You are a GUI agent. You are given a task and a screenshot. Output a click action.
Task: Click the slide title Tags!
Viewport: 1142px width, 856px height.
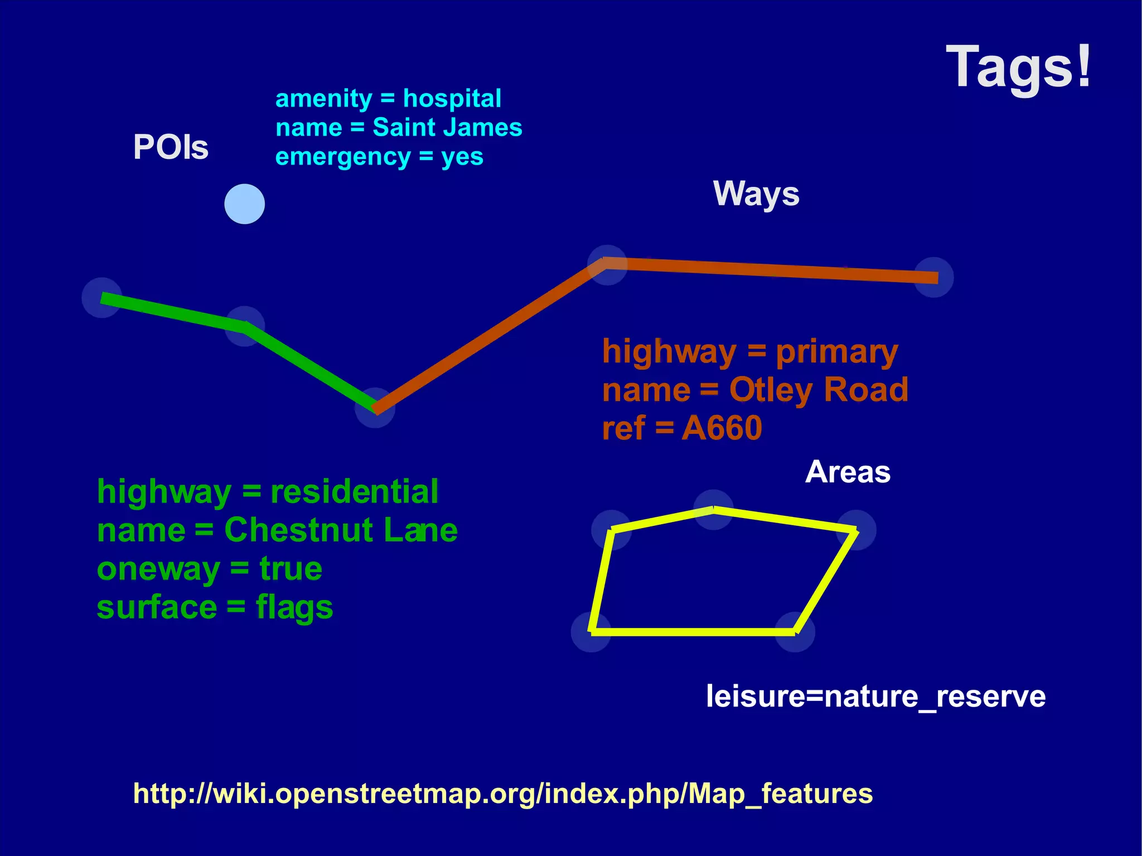click(x=1018, y=67)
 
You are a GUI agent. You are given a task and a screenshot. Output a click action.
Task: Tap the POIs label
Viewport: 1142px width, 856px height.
click(x=171, y=147)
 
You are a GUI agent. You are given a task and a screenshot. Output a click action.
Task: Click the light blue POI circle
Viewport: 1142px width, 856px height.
click(x=244, y=204)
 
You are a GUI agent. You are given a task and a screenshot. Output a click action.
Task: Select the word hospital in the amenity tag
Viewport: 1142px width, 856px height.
click(x=452, y=99)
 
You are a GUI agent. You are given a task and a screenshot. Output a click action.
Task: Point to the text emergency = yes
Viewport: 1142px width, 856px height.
click(x=379, y=157)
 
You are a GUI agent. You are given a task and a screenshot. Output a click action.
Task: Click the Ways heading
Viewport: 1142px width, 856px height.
click(x=756, y=194)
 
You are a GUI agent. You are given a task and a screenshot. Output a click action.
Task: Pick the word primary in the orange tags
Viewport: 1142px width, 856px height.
click(x=836, y=352)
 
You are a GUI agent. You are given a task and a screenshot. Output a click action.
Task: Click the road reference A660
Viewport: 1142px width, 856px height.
click(x=722, y=428)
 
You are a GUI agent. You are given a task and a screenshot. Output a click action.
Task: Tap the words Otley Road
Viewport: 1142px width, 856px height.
click(x=818, y=390)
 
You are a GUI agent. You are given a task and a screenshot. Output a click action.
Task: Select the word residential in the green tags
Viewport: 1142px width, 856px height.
click(x=354, y=492)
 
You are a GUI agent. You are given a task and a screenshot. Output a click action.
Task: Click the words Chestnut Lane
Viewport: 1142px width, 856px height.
click(x=340, y=530)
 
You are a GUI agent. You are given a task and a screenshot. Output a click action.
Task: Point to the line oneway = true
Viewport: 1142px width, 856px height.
click(x=209, y=569)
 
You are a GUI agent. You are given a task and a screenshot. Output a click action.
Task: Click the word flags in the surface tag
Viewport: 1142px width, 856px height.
click(x=294, y=607)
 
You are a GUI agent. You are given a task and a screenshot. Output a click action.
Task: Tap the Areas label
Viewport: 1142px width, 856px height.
click(x=848, y=472)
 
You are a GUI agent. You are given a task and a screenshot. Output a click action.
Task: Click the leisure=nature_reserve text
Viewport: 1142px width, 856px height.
click(x=875, y=697)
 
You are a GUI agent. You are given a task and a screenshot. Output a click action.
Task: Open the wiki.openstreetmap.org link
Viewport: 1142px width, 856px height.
click(x=502, y=794)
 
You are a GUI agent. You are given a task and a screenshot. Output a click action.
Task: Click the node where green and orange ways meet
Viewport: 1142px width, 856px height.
click(x=375, y=408)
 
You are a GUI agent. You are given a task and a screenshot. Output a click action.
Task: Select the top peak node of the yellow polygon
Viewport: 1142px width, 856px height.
click(x=713, y=510)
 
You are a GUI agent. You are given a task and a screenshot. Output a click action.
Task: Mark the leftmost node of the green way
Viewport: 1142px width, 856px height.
click(x=102, y=298)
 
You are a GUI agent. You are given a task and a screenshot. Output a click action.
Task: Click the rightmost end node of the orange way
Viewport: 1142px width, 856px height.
click(x=933, y=277)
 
